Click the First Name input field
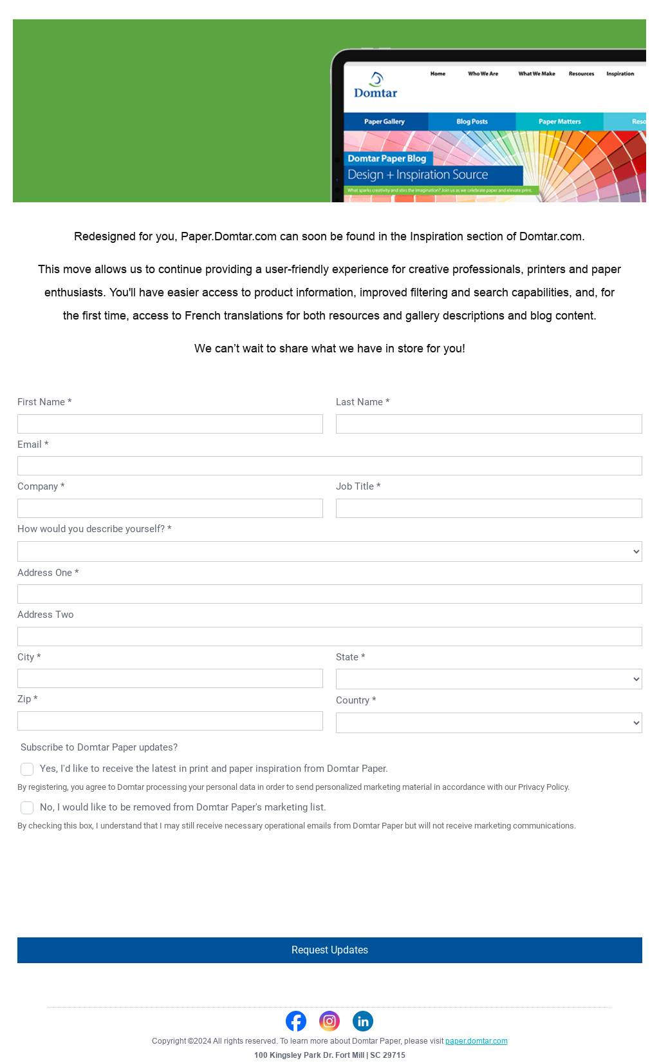click(170, 424)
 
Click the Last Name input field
click(488, 424)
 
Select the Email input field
click(329, 466)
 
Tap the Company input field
click(170, 508)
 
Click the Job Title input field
click(488, 508)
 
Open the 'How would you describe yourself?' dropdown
click(329, 551)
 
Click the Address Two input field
click(329, 637)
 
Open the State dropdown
click(488, 679)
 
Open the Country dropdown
click(488, 723)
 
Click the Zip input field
click(170, 721)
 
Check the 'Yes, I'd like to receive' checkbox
click(27, 769)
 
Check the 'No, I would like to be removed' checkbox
click(27, 808)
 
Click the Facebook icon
click(296, 1021)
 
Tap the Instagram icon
click(329, 1021)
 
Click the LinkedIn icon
click(363, 1021)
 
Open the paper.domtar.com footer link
click(476, 1041)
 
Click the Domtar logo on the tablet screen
click(376, 86)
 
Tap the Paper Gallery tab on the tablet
click(385, 122)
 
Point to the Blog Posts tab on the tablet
click(472, 122)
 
